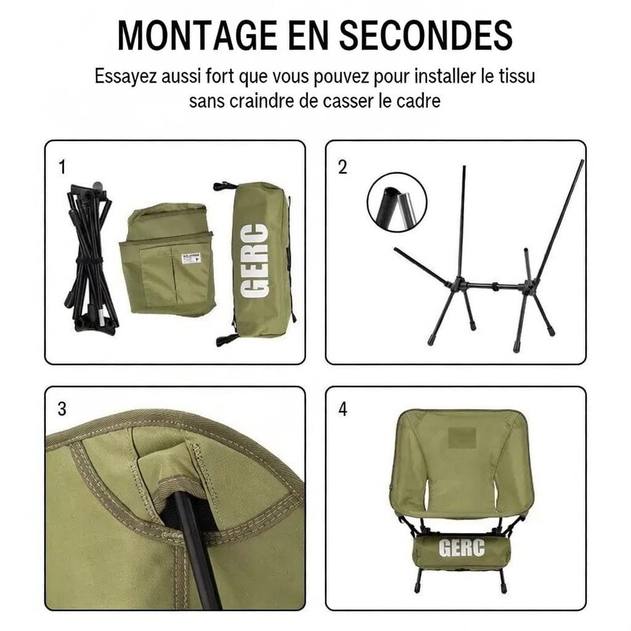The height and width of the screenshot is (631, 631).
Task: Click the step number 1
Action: (61, 168)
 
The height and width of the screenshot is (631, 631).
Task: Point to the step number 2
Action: (343, 168)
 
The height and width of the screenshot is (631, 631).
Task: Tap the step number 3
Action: (62, 409)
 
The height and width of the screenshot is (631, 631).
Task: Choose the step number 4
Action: (343, 409)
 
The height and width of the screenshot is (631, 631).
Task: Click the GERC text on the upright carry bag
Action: (254, 262)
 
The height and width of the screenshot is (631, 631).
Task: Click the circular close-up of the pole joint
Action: (397, 202)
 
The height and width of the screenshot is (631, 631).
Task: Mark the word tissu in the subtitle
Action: (516, 78)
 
